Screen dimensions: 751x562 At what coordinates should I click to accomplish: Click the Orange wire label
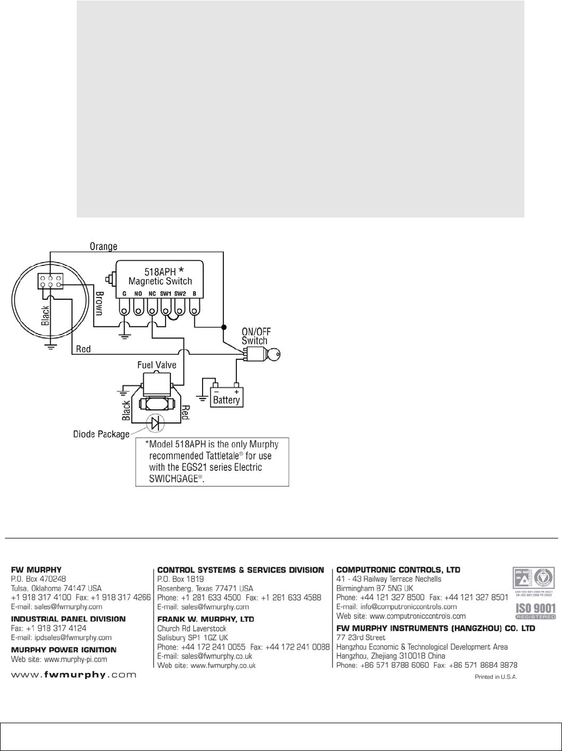[x=103, y=246]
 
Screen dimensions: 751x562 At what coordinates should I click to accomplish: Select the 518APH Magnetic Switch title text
[x=160, y=276]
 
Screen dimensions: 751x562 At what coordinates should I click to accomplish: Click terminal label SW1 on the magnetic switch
[x=166, y=293]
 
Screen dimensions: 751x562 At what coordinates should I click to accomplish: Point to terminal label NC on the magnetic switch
[x=152, y=293]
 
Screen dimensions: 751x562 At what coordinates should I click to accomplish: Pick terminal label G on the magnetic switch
[x=124, y=293]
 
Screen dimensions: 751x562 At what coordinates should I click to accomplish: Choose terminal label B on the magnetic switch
[x=194, y=293]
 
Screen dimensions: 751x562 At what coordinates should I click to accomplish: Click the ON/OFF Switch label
[x=255, y=336]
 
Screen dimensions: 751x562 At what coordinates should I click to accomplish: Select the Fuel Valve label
[x=156, y=365]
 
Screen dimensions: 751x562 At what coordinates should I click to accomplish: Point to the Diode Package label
[x=101, y=434]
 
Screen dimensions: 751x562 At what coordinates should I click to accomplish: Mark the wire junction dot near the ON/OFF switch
[x=223, y=327]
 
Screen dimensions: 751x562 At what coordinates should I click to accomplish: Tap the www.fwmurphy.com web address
[x=74, y=675]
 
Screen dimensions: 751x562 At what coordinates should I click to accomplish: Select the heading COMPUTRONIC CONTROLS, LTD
[x=398, y=570]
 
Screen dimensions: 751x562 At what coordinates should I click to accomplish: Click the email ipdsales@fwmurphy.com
[x=62, y=637]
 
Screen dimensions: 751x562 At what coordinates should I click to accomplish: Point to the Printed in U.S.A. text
[x=497, y=676]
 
